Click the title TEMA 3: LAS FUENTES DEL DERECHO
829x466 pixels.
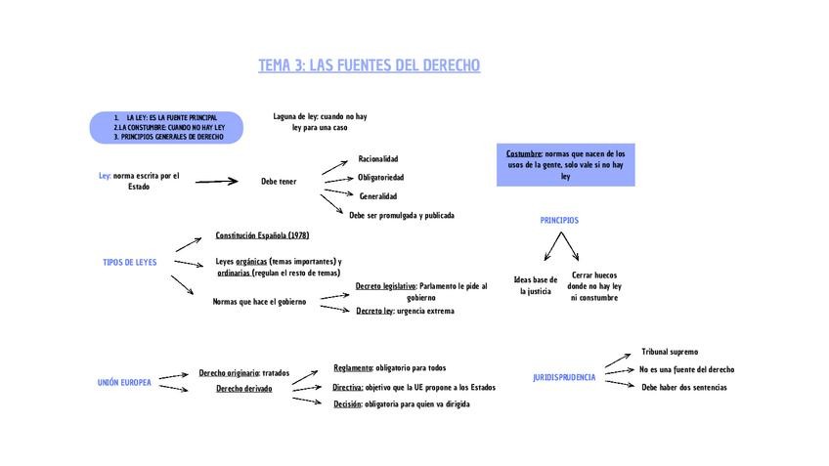coord(369,65)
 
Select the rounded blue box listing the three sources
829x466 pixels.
coord(166,127)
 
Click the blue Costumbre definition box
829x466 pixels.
coord(565,165)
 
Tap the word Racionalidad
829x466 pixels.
coord(378,158)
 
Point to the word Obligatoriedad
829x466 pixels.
coord(380,178)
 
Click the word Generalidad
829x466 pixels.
coord(378,196)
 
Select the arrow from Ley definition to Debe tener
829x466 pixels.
coord(216,181)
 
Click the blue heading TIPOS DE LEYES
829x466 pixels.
coord(130,263)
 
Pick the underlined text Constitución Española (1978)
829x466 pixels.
coord(262,235)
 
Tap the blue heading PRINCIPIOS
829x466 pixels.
coord(559,221)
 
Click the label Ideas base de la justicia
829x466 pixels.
coord(536,285)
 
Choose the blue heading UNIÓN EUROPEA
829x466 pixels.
coord(124,383)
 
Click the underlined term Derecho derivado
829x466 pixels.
coord(244,389)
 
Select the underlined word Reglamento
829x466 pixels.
coord(353,368)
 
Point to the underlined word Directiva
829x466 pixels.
coord(348,387)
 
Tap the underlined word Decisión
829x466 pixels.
coord(347,404)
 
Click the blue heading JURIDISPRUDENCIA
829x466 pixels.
coord(564,378)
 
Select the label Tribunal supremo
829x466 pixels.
coord(670,352)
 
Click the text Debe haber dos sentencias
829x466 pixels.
coord(684,388)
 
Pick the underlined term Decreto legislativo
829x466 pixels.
coord(386,286)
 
